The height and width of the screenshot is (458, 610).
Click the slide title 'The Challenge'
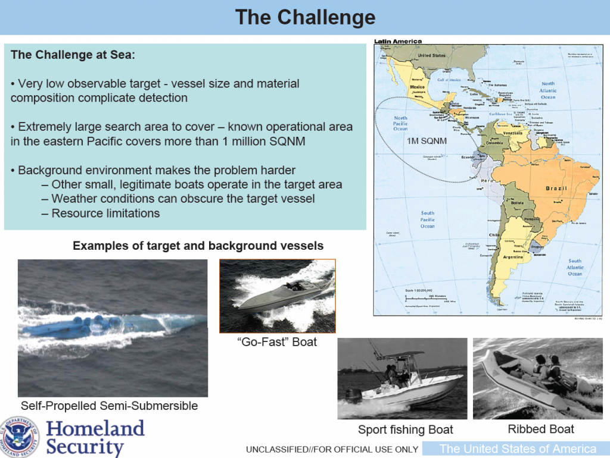point(305,17)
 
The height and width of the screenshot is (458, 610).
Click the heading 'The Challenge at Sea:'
point(73,55)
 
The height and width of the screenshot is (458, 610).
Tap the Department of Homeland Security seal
point(20,437)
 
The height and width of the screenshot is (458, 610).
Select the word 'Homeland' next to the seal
point(95,428)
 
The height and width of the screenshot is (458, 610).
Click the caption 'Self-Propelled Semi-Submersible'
point(109,406)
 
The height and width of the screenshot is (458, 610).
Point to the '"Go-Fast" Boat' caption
point(277,341)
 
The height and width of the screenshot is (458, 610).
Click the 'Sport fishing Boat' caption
point(405,429)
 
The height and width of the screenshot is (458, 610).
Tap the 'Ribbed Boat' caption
point(541,429)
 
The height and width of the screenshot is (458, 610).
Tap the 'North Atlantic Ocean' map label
point(547,90)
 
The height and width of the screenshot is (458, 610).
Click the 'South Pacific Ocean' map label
point(428,219)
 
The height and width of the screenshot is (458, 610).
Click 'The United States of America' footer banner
point(518,449)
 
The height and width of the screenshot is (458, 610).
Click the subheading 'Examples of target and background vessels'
point(198,246)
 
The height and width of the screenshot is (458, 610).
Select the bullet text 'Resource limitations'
point(105,213)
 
